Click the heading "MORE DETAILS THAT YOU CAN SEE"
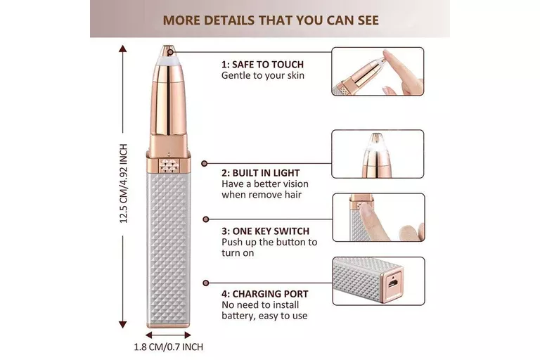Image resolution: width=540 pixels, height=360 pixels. tap(271, 20)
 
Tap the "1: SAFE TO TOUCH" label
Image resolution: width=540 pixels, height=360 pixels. tap(262, 65)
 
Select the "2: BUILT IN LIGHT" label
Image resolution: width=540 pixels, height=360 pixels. tap(260, 173)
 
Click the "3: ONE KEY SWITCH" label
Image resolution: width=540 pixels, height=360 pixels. tap(265, 231)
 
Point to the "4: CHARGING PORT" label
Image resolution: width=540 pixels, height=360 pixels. tap(265, 294)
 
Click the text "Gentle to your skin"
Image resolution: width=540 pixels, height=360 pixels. tap(263, 75)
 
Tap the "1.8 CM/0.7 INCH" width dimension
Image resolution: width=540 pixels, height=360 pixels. tap(169, 347)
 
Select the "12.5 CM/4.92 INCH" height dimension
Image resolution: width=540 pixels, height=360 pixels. tap(124, 184)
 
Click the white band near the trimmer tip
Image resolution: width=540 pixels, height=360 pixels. tap(168, 61)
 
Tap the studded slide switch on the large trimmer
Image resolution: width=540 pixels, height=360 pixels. tap(169, 165)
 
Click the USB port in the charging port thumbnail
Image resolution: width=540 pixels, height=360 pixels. tap(393, 283)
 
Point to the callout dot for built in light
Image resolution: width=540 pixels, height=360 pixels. tap(205, 163)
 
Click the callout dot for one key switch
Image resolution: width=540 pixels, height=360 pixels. tap(205, 219)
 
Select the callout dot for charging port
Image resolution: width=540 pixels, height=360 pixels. tap(206, 283)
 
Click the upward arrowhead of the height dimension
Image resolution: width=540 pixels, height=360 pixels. tap(122, 49)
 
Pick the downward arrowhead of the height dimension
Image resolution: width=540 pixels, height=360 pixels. tap(122, 324)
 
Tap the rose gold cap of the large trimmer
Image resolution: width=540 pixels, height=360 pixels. tap(168, 100)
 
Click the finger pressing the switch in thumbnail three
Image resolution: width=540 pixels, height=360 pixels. tap(371, 221)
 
